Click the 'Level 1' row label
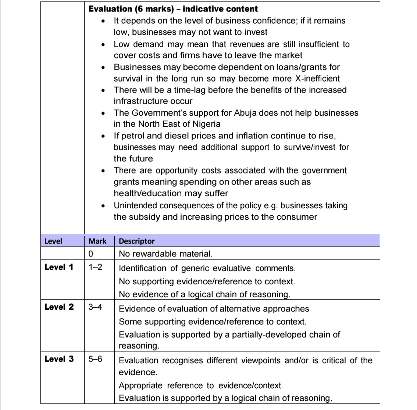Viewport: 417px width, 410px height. coord(59,267)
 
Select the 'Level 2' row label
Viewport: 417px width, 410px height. coord(59,307)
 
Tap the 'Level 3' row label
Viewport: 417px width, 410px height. coord(59,359)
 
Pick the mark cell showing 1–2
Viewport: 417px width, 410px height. coord(96,267)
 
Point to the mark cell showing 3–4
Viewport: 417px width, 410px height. coord(96,307)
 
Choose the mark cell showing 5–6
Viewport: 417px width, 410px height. coord(96,359)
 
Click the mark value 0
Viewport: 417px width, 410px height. coord(90,253)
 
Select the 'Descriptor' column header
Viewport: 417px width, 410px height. coord(137,241)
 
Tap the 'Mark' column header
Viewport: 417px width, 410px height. coord(97,241)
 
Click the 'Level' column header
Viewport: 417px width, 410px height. coord(53,241)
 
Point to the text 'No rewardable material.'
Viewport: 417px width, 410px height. coord(165,253)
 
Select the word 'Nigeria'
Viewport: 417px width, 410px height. coord(206,124)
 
